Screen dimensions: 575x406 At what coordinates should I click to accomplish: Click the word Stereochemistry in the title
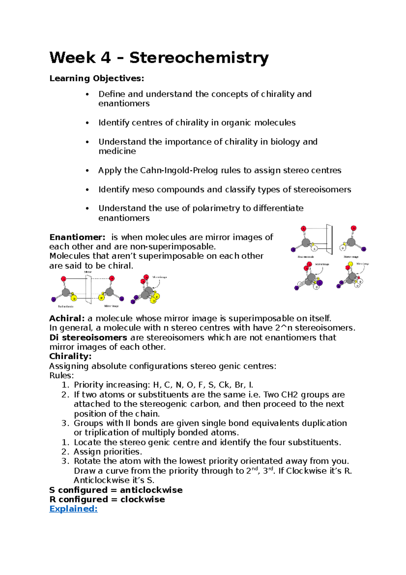coord(199,58)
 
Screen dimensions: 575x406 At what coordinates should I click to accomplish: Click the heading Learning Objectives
coord(97,79)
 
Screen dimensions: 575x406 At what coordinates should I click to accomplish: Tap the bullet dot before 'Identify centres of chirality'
coord(87,123)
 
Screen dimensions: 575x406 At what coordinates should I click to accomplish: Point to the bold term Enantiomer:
coord(77,237)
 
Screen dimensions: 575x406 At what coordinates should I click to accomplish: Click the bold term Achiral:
coord(67,318)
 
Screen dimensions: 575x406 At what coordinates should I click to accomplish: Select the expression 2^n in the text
coord(286,328)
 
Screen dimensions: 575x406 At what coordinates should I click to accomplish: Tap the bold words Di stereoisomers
coord(88,338)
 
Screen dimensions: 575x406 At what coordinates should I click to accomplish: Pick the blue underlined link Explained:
coord(73,509)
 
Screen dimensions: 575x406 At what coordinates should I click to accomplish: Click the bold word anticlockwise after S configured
coord(151,490)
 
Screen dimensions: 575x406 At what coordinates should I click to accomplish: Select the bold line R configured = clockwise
coord(107,499)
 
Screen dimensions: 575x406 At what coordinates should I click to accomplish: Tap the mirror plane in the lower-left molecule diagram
coord(89,290)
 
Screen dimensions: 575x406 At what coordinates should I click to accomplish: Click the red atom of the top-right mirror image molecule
coord(353,228)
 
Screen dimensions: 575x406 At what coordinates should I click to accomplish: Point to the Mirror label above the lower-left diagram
coord(88,272)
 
